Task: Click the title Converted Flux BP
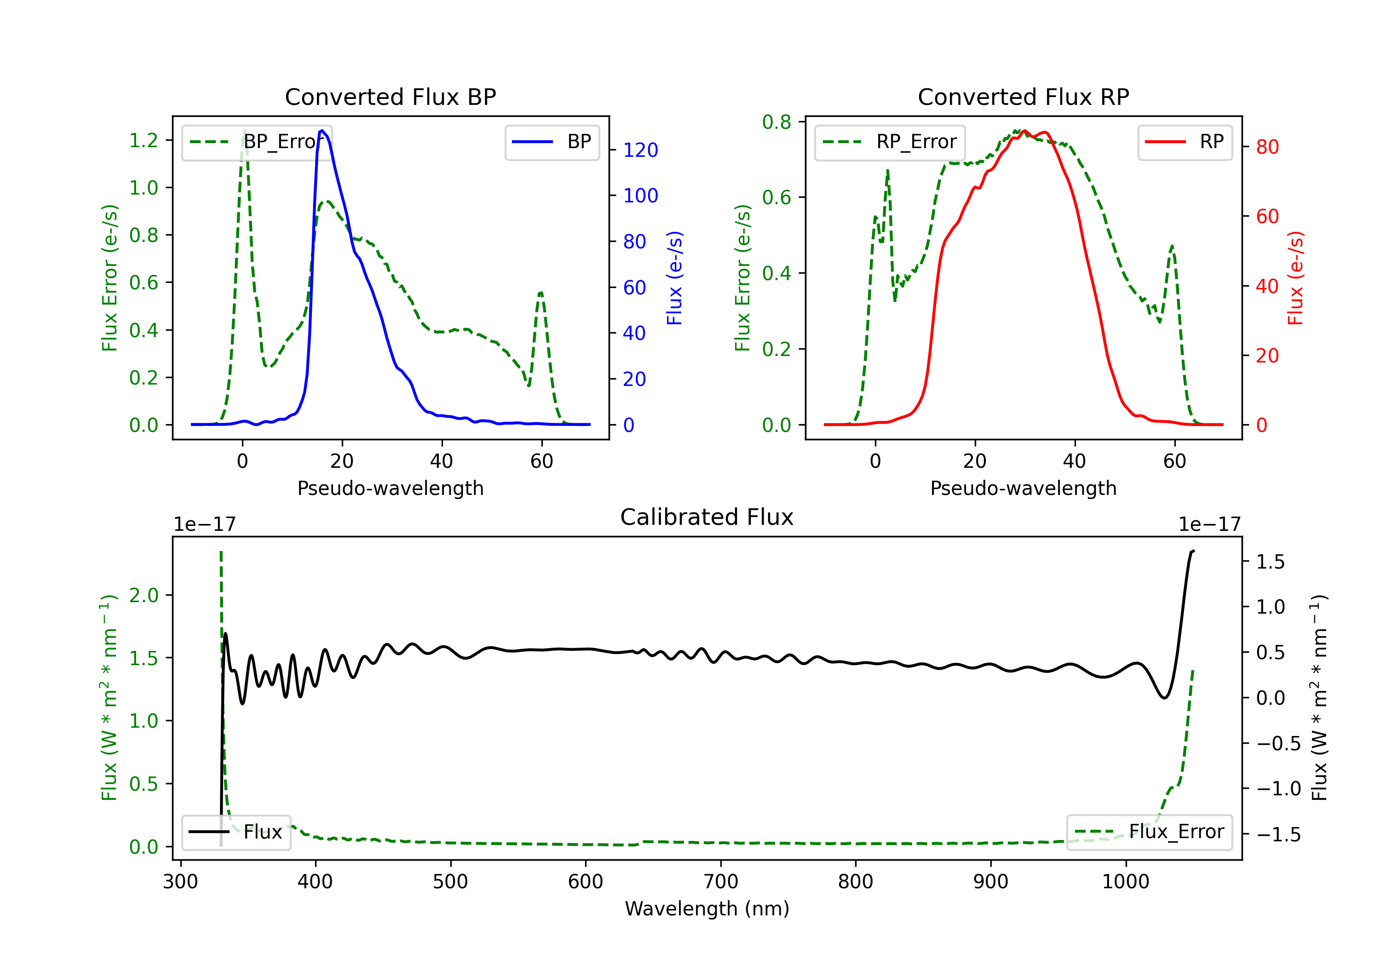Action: click(390, 97)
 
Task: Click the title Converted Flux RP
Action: click(1023, 97)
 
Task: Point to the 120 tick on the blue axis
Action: click(640, 149)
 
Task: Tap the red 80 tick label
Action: click(1267, 147)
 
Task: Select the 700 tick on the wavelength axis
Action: click(721, 881)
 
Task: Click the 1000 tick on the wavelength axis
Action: click(1125, 881)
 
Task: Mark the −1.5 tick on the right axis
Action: click(1278, 834)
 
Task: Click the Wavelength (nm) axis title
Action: click(707, 908)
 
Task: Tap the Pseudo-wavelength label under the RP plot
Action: click(1023, 488)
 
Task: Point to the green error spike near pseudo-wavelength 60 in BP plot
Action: click(541, 293)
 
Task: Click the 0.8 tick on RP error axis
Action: click(776, 121)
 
